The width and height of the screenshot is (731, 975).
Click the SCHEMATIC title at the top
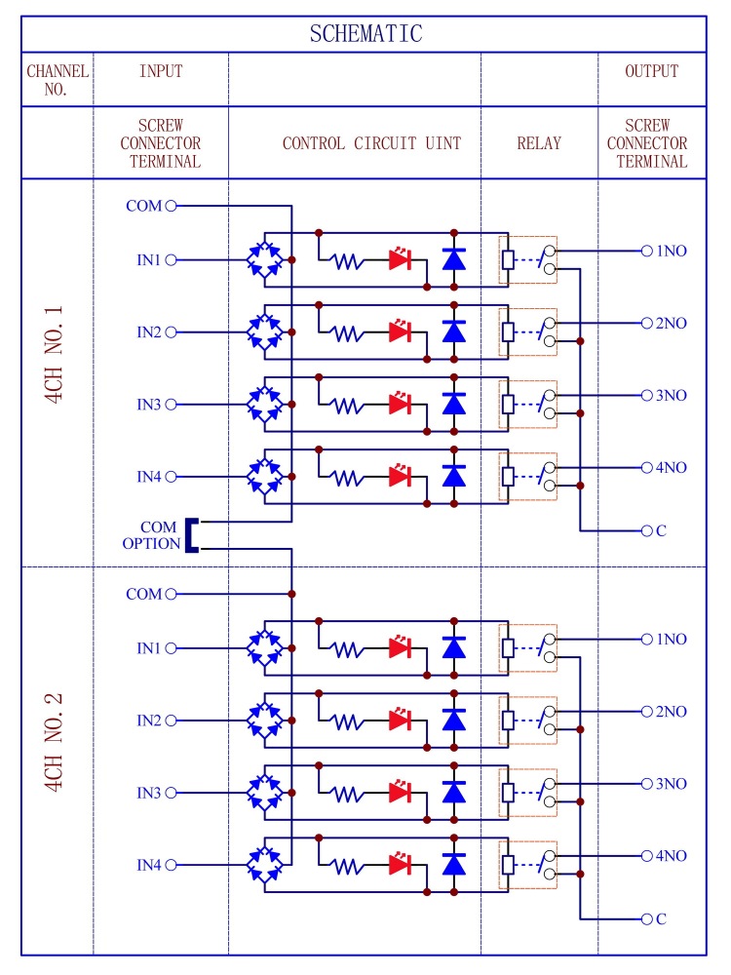point(365,33)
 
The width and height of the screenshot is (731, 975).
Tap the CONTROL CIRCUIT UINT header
point(371,143)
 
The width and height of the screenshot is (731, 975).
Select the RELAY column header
point(539,143)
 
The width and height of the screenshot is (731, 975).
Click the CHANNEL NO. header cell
point(58,79)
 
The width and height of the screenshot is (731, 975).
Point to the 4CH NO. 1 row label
point(55,355)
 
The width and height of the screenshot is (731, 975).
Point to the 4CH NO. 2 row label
point(55,742)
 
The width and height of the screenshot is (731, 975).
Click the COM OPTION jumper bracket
point(192,535)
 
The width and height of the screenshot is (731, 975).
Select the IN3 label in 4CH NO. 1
point(148,405)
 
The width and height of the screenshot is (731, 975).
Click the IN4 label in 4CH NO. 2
point(148,865)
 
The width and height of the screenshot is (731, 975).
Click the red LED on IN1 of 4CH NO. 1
point(400,260)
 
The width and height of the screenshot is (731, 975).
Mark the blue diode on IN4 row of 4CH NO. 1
point(451,476)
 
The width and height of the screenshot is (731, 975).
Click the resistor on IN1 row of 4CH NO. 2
point(347,648)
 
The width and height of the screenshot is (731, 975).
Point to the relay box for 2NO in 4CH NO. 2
point(527,720)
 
